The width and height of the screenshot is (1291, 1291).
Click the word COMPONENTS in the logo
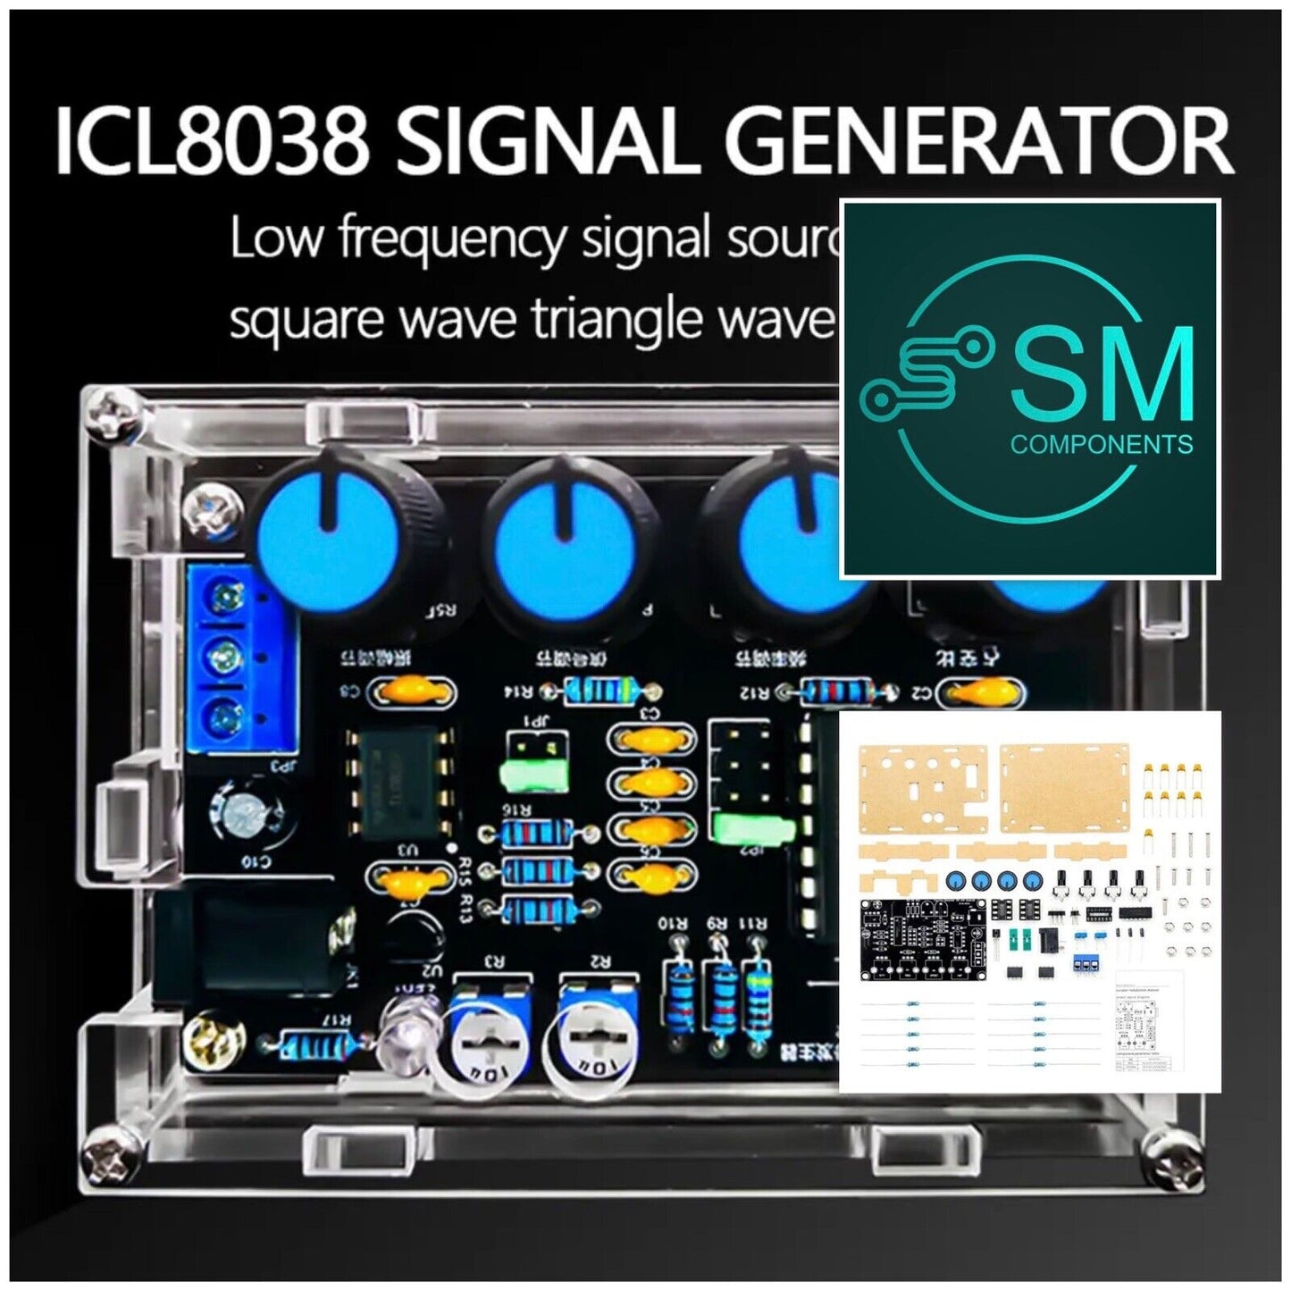pyautogui.click(x=1101, y=444)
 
